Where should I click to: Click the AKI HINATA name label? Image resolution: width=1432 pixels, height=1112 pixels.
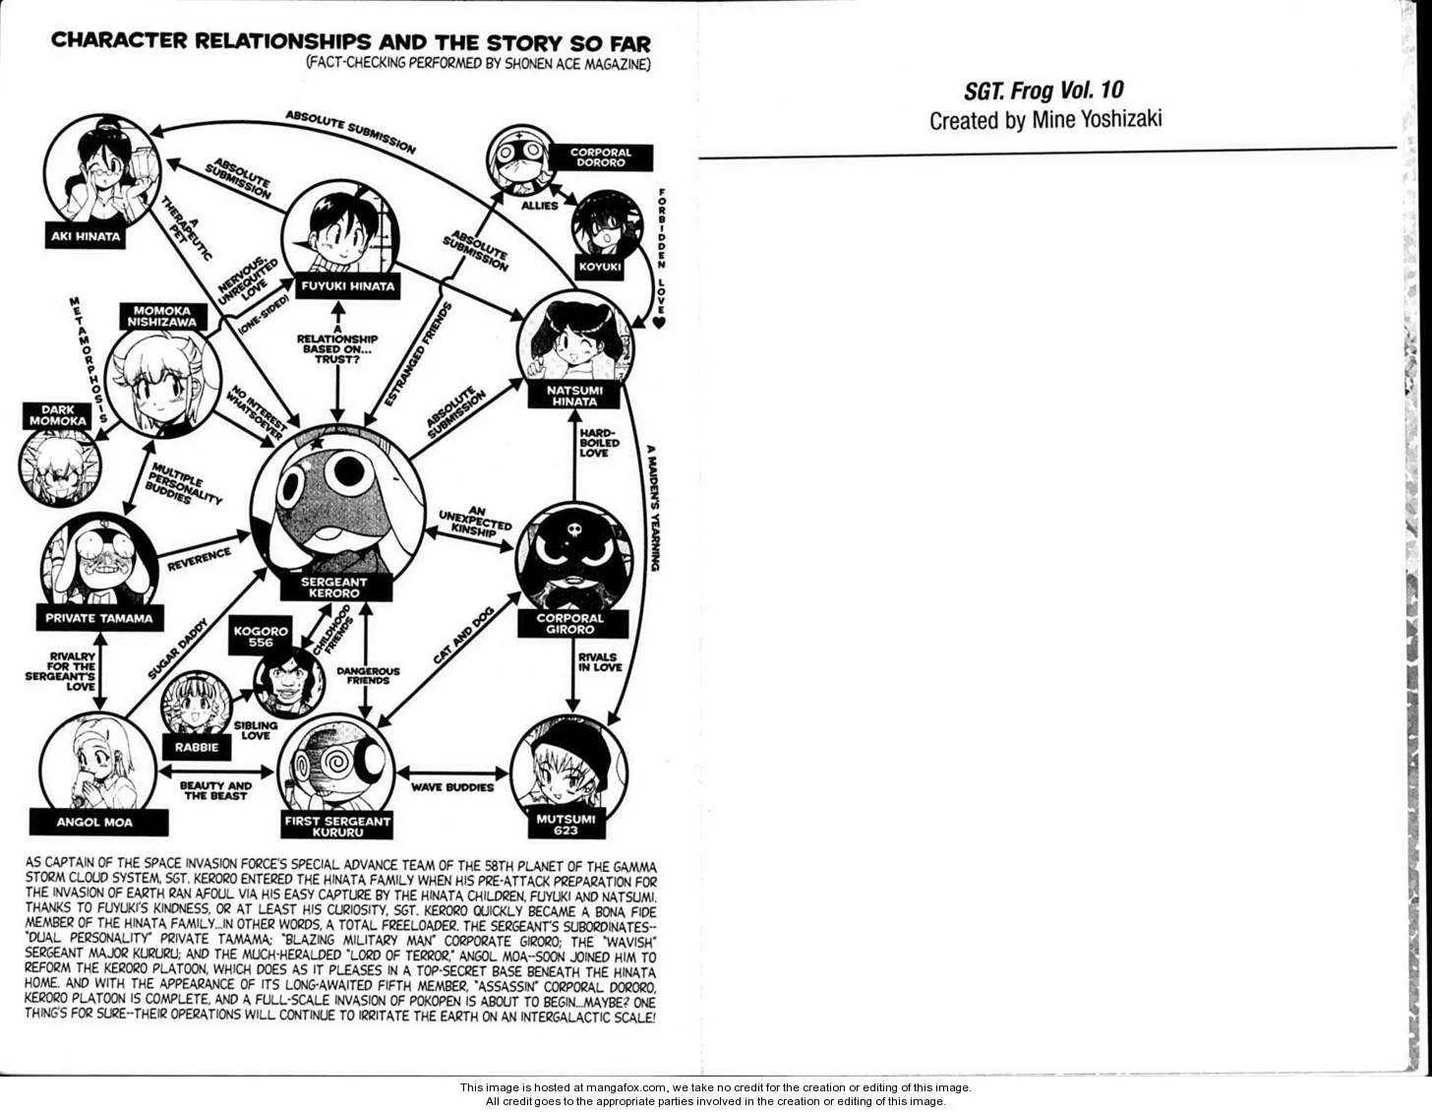86,236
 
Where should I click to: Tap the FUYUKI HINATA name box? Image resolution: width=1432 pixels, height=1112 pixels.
347,286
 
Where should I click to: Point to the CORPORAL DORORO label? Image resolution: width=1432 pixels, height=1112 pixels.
600,156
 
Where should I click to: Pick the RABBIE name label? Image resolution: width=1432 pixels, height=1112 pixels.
197,748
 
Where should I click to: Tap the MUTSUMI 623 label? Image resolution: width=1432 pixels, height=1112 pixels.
567,825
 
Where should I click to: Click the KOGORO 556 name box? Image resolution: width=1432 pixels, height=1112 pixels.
261,636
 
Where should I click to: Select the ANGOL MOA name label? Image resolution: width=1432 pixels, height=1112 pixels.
94,822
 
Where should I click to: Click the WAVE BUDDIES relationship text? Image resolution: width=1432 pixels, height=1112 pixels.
452,787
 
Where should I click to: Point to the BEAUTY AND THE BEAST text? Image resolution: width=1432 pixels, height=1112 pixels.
215,790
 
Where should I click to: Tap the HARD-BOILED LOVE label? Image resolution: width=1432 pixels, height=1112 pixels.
600,443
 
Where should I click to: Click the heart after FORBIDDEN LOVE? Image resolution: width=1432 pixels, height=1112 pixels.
660,323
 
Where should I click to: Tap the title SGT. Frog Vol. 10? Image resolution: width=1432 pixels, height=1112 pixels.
1044,91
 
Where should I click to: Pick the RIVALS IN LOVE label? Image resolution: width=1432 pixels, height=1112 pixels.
600,662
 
